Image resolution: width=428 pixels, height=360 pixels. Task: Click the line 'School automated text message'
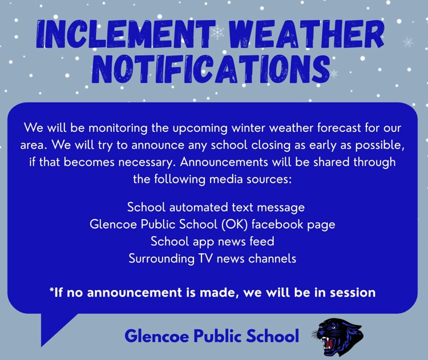[x=216, y=207]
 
